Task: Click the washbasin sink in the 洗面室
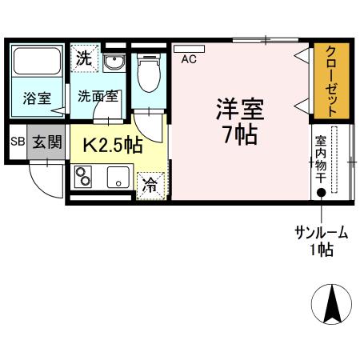[112, 63]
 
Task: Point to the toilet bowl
[147, 74]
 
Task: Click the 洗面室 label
[98, 95]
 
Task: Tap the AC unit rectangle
[189, 48]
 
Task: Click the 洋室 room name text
[239, 108]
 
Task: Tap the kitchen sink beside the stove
[118, 177]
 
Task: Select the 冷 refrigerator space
[150, 183]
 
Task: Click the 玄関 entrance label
[47, 142]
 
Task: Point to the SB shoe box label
[18, 142]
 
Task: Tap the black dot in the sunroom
[321, 192]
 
